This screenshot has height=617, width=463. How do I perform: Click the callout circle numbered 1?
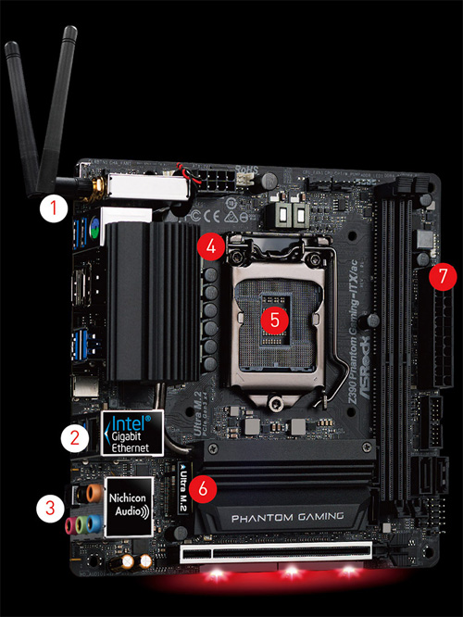pyautogui.click(x=55, y=208)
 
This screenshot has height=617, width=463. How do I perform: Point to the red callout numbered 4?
pyautogui.click(x=211, y=246)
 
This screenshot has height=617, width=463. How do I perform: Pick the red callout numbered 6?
pyautogui.click(x=209, y=483)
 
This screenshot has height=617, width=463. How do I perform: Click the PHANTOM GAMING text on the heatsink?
pyautogui.click(x=283, y=517)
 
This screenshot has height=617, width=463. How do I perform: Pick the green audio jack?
pyautogui.click(x=83, y=524)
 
